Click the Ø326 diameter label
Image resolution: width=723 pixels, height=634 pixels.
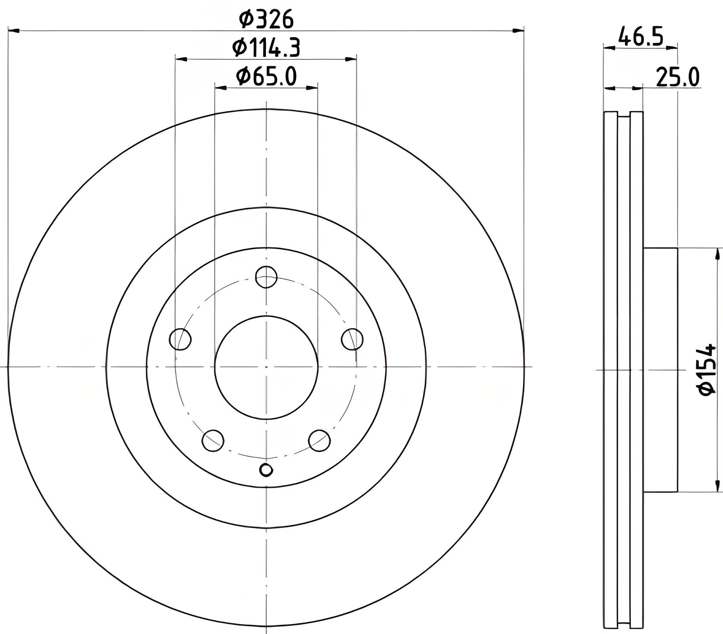coord(266,19)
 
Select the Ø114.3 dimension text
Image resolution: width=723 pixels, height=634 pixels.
coord(266,48)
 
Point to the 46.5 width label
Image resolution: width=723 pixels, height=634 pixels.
coord(641,37)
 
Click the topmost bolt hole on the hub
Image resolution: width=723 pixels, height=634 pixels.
coord(266,277)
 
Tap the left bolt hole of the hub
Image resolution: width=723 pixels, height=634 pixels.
coord(180,339)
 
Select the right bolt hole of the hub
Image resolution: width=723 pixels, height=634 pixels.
coord(352,339)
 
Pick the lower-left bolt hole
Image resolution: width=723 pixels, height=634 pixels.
coord(213,440)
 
